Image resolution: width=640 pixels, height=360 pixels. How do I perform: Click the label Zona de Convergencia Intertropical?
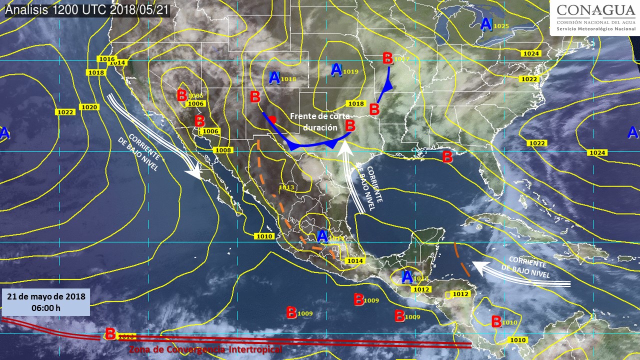[x=205, y=349]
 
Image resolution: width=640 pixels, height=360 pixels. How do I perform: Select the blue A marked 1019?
[x=336, y=70]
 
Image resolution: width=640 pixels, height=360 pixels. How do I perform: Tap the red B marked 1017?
[x=387, y=58]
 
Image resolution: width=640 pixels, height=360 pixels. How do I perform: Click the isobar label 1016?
[x=107, y=59]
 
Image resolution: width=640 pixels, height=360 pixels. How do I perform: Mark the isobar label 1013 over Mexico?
[x=286, y=187]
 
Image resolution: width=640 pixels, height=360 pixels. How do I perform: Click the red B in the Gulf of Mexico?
[x=447, y=157]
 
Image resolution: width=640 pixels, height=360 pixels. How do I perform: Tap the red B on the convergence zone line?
[x=110, y=333]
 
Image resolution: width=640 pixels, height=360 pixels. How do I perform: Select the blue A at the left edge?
[x=4, y=133]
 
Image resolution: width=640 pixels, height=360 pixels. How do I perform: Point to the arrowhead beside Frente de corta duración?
[x=344, y=145]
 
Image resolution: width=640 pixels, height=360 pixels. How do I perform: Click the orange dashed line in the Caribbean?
[x=462, y=259]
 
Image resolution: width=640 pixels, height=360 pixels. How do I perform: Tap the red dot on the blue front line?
[x=272, y=119]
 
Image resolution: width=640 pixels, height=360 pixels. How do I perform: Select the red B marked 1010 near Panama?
[x=496, y=321]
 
